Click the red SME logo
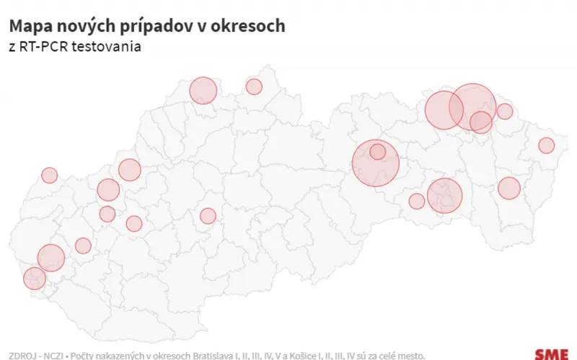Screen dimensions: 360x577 tap(551, 354)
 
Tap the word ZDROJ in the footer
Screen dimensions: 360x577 tap(22, 356)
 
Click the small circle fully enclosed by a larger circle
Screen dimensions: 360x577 tap(377, 152)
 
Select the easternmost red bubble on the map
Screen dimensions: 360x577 tap(546, 145)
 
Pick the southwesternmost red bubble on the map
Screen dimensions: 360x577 tap(34, 278)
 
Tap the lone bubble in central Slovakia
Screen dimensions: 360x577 tap(208, 216)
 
